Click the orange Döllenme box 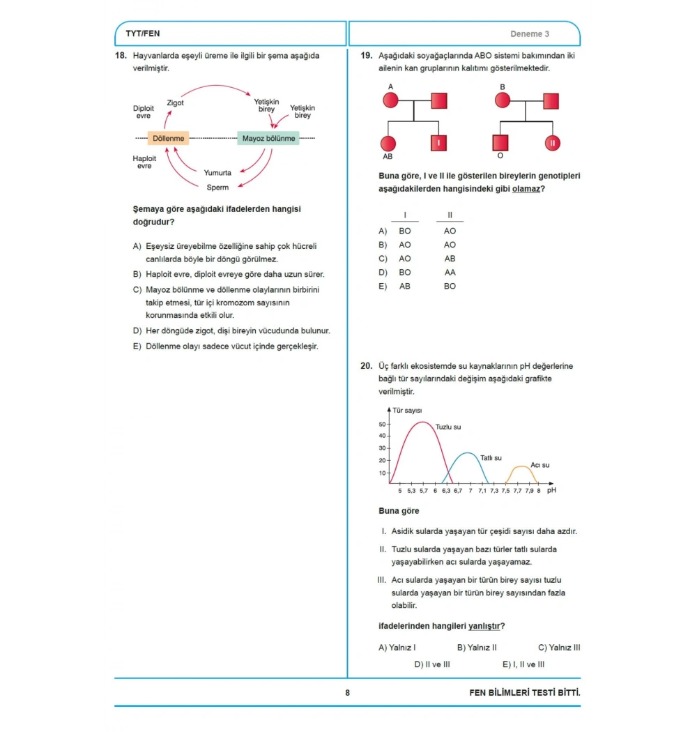tap(168, 138)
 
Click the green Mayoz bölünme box tap(268, 138)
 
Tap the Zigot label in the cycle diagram tap(175, 102)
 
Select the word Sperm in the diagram tap(217, 188)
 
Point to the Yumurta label tap(217, 173)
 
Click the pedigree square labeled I tap(438, 143)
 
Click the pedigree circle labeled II tap(552, 143)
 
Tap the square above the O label tap(500, 143)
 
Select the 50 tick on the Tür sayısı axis tap(383, 425)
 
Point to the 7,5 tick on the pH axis tap(505, 491)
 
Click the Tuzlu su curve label tap(448, 427)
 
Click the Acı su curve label tap(540, 465)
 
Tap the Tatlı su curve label tap(491, 458)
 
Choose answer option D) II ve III tap(432, 664)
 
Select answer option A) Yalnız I tap(397, 648)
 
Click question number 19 tap(367, 56)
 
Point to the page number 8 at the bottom tap(347, 693)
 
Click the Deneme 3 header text tap(530, 34)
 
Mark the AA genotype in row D tap(450, 273)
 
